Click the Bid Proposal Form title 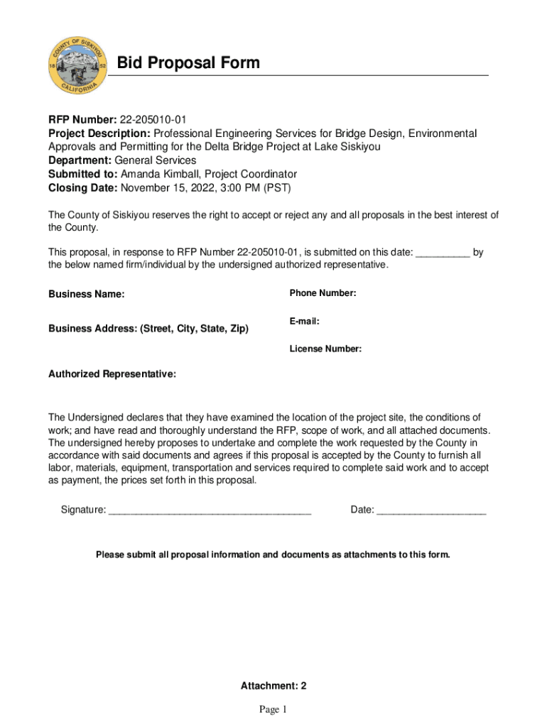coord(188,63)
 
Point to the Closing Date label coord(82,188)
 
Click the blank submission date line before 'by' coord(442,251)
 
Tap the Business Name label coord(86,294)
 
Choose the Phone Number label coord(323,293)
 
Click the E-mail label coord(304,322)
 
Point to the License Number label coord(325,349)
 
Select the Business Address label coord(148,329)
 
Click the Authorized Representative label coord(112,374)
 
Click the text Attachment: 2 coord(273,686)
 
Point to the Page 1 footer coord(273,709)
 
